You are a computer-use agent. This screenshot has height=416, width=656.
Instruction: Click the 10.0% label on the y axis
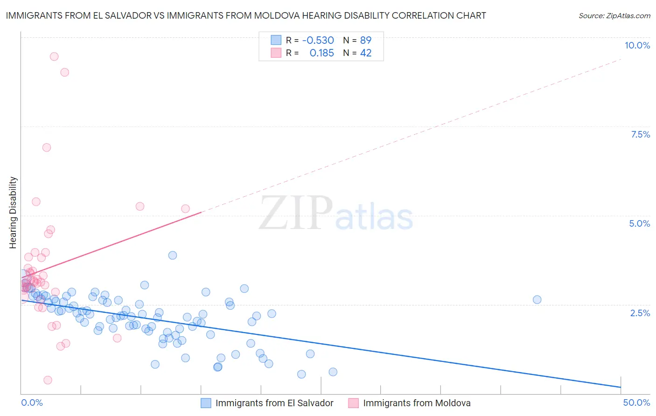click(x=637, y=45)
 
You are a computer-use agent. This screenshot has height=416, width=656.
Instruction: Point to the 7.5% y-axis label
click(x=640, y=134)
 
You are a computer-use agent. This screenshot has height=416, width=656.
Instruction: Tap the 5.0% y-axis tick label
click(x=639, y=223)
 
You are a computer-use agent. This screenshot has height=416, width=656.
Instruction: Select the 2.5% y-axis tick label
click(x=640, y=313)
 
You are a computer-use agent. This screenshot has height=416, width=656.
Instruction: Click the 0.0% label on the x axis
click(x=32, y=402)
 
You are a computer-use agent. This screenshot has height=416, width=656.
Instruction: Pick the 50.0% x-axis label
click(x=636, y=402)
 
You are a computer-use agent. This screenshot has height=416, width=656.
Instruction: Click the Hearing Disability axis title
click(x=13, y=212)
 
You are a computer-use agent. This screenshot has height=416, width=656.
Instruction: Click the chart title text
click(x=246, y=15)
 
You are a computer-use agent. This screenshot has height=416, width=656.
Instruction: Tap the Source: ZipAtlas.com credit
click(x=614, y=15)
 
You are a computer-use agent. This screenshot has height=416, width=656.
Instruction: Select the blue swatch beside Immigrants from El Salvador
click(x=206, y=403)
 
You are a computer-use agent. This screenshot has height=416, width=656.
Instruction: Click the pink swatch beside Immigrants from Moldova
click(x=354, y=403)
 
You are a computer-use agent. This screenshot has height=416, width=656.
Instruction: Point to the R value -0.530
click(x=318, y=40)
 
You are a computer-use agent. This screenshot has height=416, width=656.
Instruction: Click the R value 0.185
click(x=321, y=53)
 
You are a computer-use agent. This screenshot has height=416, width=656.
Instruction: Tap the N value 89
click(x=366, y=40)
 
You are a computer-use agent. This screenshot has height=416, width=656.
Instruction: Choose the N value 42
click(x=366, y=53)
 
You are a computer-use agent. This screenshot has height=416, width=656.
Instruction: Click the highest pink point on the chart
click(x=54, y=56)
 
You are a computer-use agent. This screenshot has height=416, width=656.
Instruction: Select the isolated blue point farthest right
click(x=537, y=299)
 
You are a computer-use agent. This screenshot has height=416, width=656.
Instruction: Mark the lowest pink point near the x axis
click(x=48, y=380)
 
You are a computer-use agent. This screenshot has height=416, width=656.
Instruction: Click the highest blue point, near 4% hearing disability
click(x=173, y=255)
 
